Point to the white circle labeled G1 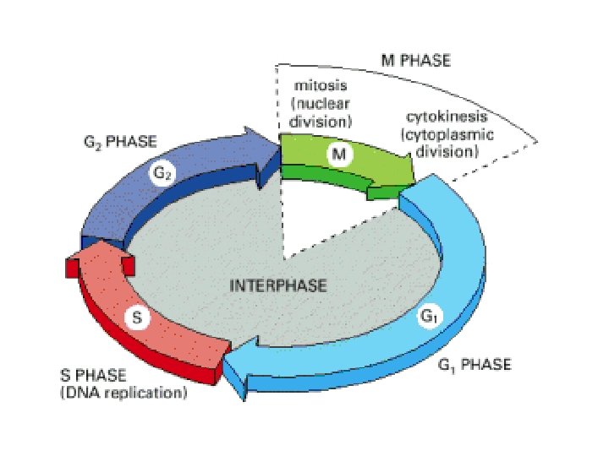tap(429, 317)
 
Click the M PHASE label tap(413, 61)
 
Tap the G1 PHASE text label tap(475, 365)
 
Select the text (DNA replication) tap(123, 393)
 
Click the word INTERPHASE tap(278, 285)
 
